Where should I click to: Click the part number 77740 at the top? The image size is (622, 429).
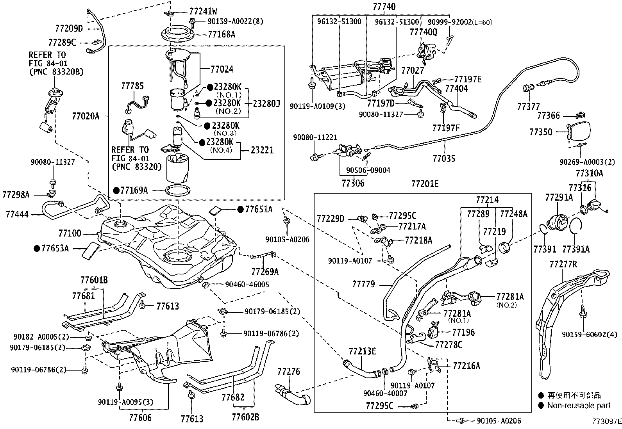(x=384, y=6)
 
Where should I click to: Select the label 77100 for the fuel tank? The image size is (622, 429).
(x=70, y=233)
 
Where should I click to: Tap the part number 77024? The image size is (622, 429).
(x=222, y=69)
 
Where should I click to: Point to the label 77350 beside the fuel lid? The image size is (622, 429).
(x=541, y=132)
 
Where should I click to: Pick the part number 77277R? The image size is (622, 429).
(x=563, y=264)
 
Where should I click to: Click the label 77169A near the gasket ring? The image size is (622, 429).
(x=134, y=190)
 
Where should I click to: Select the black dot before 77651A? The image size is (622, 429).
(x=240, y=210)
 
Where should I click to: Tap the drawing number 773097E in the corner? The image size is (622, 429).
(x=607, y=421)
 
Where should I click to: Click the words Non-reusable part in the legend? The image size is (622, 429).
(x=579, y=406)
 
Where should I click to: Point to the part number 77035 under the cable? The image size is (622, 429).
(x=444, y=158)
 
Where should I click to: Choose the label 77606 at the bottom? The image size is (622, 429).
(x=140, y=418)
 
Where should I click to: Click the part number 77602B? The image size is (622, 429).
(x=245, y=417)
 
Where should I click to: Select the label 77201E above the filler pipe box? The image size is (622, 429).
(x=425, y=184)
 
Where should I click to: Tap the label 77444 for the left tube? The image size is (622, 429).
(x=17, y=214)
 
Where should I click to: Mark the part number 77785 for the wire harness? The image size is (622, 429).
(x=132, y=86)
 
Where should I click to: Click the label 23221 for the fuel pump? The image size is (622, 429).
(x=262, y=150)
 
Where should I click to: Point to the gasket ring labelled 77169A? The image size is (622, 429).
(x=178, y=187)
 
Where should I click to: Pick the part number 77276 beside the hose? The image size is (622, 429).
(x=289, y=371)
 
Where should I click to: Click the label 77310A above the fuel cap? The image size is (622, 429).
(x=589, y=173)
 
